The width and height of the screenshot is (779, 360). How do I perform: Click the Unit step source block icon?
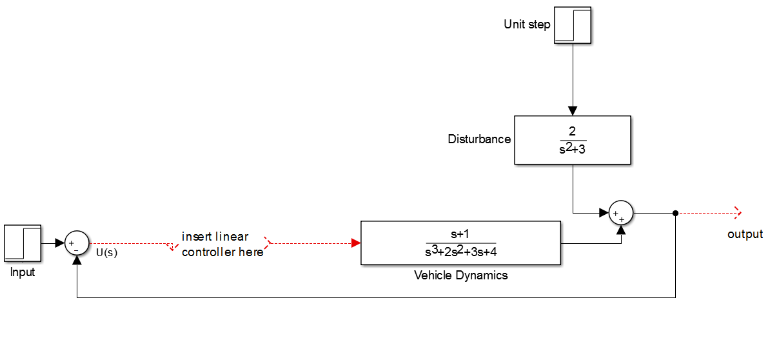[x=573, y=26]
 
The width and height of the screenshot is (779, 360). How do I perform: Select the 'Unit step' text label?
[x=527, y=25]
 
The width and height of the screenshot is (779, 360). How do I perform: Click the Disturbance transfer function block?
[x=572, y=139]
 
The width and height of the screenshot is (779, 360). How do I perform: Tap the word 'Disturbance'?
[x=479, y=139]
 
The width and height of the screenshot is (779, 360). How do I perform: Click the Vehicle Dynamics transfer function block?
[x=460, y=243]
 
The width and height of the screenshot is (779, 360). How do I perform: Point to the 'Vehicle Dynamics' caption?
[x=460, y=275]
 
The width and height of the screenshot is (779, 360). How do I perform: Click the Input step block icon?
[x=23, y=243]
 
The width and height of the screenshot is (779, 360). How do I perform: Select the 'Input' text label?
[x=23, y=272]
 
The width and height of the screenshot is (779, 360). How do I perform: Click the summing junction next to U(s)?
[x=77, y=243]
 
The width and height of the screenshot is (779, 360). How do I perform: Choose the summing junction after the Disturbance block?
[x=621, y=212]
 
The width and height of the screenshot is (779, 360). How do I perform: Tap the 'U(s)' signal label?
[x=106, y=252]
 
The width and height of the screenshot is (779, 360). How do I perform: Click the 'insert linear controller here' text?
[x=222, y=245]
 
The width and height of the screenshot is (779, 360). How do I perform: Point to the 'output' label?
[x=745, y=234]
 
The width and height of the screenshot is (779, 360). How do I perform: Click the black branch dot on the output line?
[x=675, y=212]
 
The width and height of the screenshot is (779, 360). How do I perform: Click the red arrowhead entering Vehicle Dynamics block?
[x=355, y=243]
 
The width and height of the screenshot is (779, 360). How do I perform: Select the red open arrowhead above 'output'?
[x=738, y=212]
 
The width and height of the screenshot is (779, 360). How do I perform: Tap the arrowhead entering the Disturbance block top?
[x=573, y=111]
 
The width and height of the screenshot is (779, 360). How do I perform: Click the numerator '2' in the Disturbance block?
[x=572, y=132]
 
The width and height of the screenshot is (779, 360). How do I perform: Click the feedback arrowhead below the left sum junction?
[x=77, y=260]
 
